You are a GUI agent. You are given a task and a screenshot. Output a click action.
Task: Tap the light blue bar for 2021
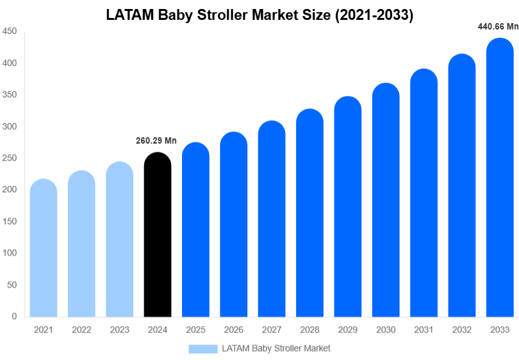tap(44, 248)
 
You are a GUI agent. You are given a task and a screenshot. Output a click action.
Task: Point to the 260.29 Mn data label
tap(156, 141)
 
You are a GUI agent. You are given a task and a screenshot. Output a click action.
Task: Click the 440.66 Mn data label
tap(498, 27)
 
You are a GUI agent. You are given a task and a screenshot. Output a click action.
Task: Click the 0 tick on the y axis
tap(14, 316)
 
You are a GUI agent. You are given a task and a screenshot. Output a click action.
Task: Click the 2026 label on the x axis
tap(233, 330)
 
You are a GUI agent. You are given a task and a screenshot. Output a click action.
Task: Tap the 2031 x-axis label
tap(424, 330)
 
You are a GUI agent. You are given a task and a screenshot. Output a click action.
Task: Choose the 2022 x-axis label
tap(81, 330)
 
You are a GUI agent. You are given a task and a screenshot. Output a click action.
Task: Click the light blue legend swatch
tap(203, 348)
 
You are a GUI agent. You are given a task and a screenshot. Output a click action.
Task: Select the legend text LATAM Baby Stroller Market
tap(276, 348)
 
